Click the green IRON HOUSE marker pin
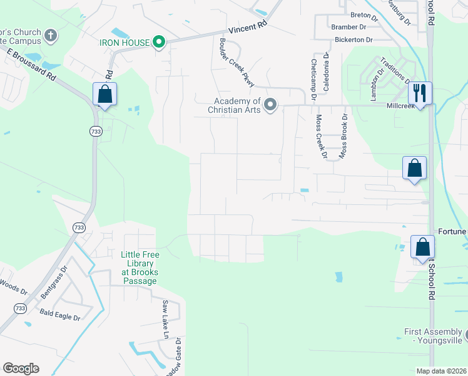[160, 43]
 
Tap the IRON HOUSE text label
[125, 43]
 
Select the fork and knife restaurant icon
[420, 93]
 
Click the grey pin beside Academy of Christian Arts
[270, 105]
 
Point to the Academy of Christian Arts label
[237, 105]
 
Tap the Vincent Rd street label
[248, 29]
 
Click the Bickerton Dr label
[352, 39]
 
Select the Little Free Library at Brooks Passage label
[140, 268]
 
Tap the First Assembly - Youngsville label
[433, 336]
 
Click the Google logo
[21, 368]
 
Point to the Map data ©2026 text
[441, 371]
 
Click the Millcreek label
[401, 106]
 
